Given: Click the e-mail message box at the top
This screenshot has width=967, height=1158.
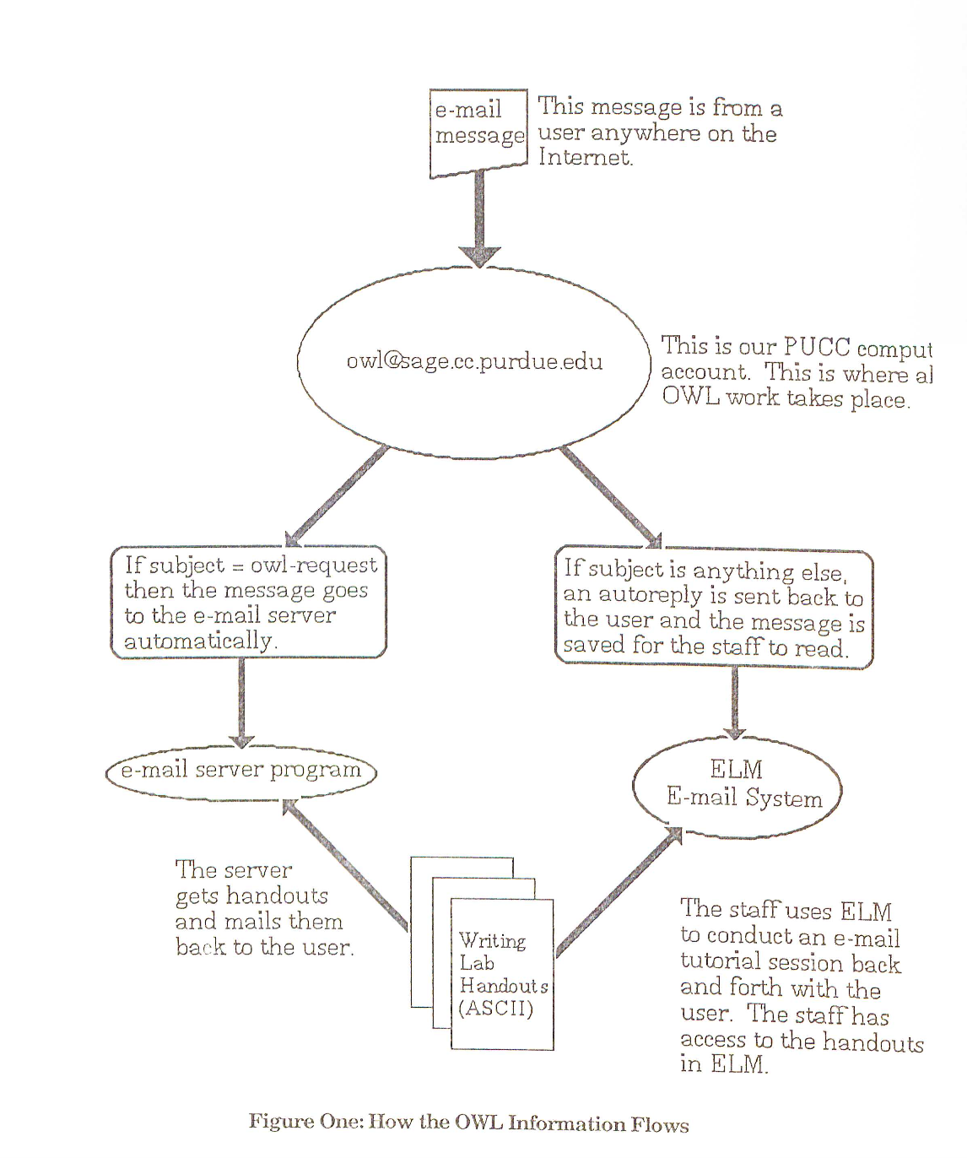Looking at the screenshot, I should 478,132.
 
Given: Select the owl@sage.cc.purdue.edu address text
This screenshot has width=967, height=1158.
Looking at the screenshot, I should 474,362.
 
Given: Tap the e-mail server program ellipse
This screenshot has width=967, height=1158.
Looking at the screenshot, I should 241,771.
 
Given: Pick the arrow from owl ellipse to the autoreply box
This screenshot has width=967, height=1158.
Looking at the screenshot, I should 611,498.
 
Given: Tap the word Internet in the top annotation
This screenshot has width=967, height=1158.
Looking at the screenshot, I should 585,158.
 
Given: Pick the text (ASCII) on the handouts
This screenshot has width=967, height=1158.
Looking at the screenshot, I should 496,1009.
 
